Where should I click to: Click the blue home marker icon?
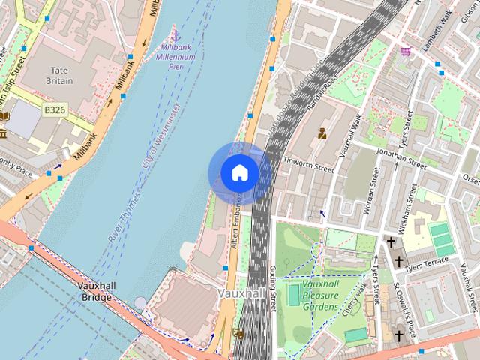click(239, 173)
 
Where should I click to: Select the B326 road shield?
click(54, 109)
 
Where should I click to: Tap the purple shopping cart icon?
click(406, 51)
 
